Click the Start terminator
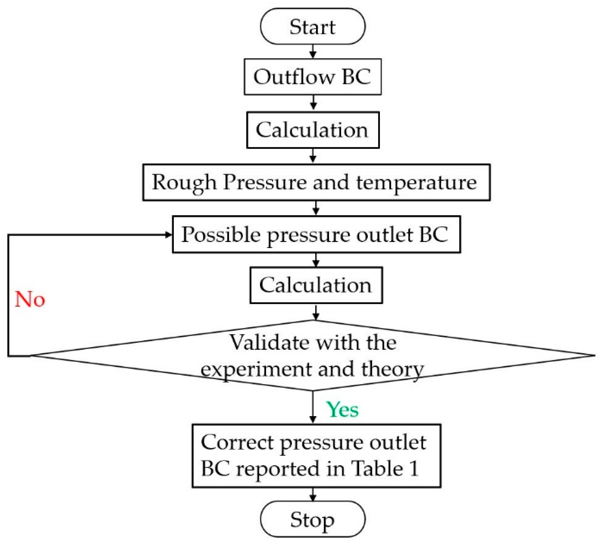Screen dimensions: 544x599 (312, 26)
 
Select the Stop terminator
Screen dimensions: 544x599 (312, 520)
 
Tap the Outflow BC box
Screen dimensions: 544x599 (312, 77)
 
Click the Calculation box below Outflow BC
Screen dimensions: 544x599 (312, 130)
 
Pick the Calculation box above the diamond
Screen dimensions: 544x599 (316, 285)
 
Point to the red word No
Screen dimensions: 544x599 (30, 299)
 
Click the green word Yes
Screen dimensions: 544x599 (342, 409)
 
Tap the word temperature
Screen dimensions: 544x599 (416, 183)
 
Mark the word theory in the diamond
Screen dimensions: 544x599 (393, 370)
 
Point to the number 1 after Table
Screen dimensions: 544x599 (414, 469)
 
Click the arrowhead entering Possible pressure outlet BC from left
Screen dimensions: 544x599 (168, 235)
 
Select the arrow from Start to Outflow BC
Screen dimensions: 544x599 (313, 51)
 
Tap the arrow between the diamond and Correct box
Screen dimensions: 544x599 (313, 408)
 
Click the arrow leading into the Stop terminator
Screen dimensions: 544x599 (313, 494)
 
